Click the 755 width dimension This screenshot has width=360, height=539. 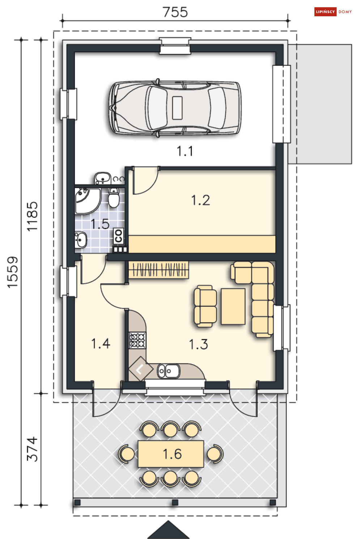point(175,12)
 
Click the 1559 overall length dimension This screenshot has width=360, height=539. point(13,272)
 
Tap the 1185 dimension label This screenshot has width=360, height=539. point(32,216)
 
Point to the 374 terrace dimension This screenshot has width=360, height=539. point(32,449)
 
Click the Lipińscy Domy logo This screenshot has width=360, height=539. point(333,12)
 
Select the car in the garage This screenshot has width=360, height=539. point(175,108)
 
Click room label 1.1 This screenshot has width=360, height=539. point(185,151)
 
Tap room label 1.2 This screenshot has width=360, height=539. point(200,200)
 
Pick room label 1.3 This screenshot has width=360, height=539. point(198,344)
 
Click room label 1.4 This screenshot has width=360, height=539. point(101,343)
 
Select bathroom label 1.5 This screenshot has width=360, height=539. point(100,224)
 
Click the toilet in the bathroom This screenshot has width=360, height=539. point(114,198)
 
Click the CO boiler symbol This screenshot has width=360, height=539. point(118,236)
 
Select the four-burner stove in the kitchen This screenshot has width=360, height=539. point(137,340)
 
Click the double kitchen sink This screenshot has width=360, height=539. point(169,371)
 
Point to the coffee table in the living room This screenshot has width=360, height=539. point(233,306)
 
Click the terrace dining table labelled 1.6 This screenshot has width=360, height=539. point(171,454)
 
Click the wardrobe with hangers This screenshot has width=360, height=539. point(158,269)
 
